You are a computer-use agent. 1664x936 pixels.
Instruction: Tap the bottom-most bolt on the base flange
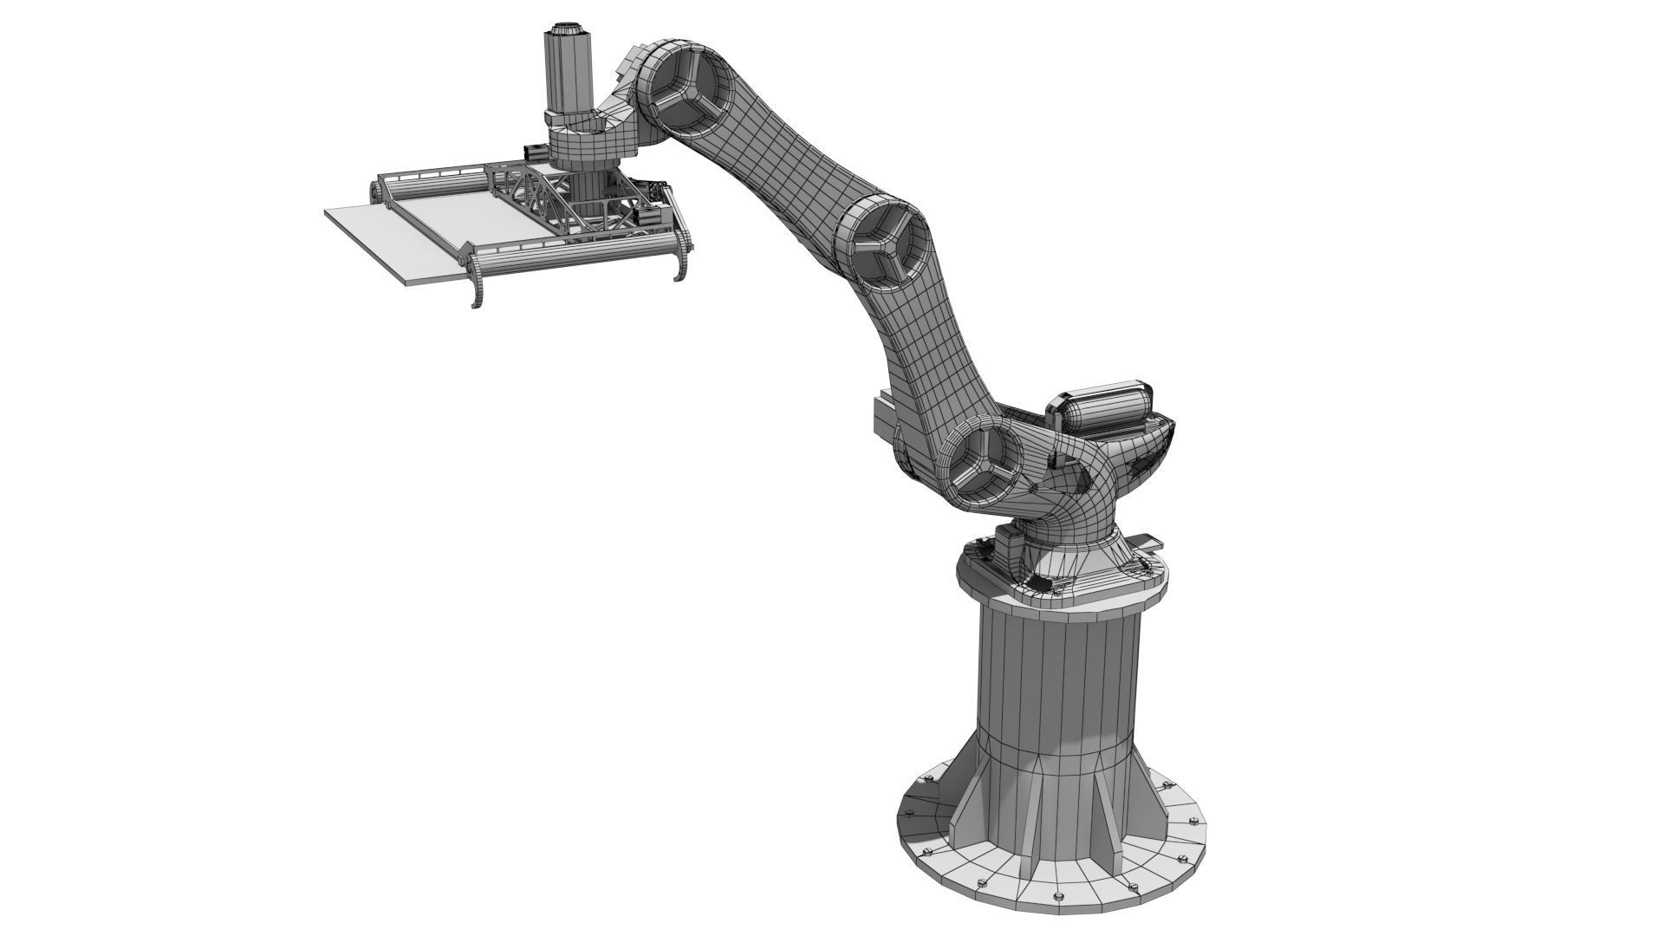point(1059,896)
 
